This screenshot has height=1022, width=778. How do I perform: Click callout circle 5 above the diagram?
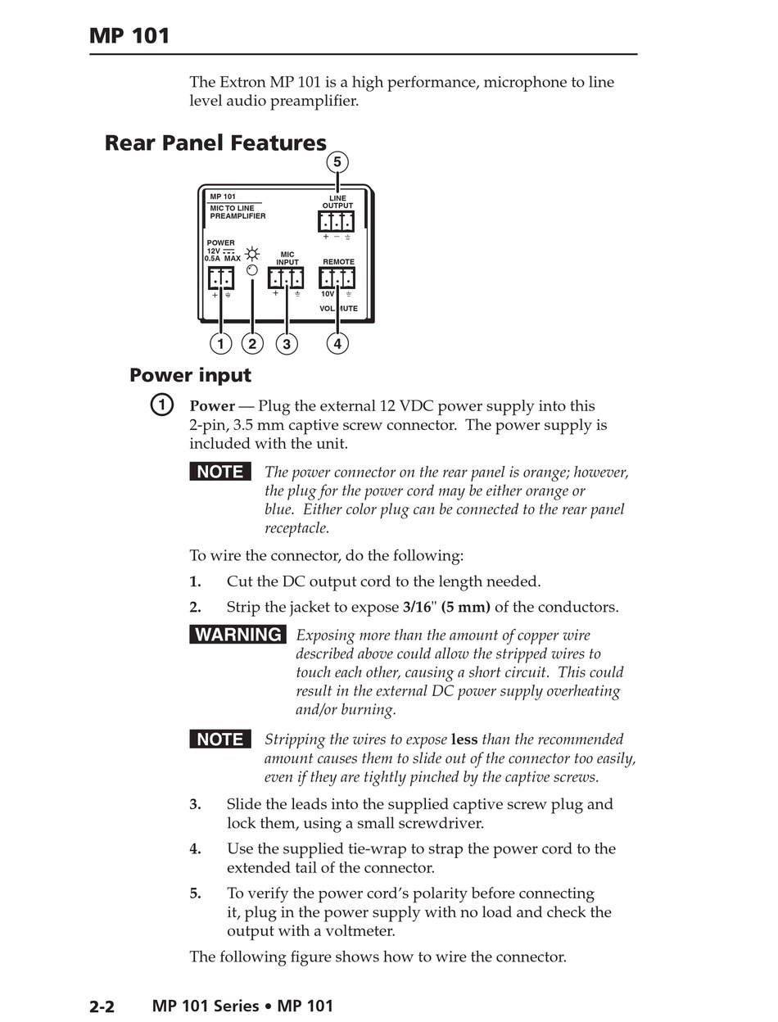337,162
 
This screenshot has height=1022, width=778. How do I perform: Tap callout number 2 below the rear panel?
252,343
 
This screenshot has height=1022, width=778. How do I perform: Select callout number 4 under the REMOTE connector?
337,343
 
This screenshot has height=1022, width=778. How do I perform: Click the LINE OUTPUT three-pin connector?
337,221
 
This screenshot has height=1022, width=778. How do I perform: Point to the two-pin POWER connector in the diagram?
220,278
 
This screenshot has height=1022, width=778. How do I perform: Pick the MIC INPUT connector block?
286,278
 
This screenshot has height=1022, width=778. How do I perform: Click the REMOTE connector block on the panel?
337,278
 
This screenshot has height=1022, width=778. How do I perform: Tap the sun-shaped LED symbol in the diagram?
252,254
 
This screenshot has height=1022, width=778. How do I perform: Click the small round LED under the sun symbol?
252,270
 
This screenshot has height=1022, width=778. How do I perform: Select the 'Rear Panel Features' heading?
215,143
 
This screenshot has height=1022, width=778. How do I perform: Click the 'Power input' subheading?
190,376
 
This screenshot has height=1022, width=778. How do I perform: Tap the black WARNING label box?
238,635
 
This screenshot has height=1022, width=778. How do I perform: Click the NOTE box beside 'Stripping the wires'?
220,739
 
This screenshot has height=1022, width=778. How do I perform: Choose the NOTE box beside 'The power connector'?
220,472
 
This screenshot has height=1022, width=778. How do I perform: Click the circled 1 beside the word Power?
162,405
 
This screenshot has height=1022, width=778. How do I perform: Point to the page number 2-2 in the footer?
102,1006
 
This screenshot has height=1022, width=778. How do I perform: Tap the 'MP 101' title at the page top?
130,36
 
